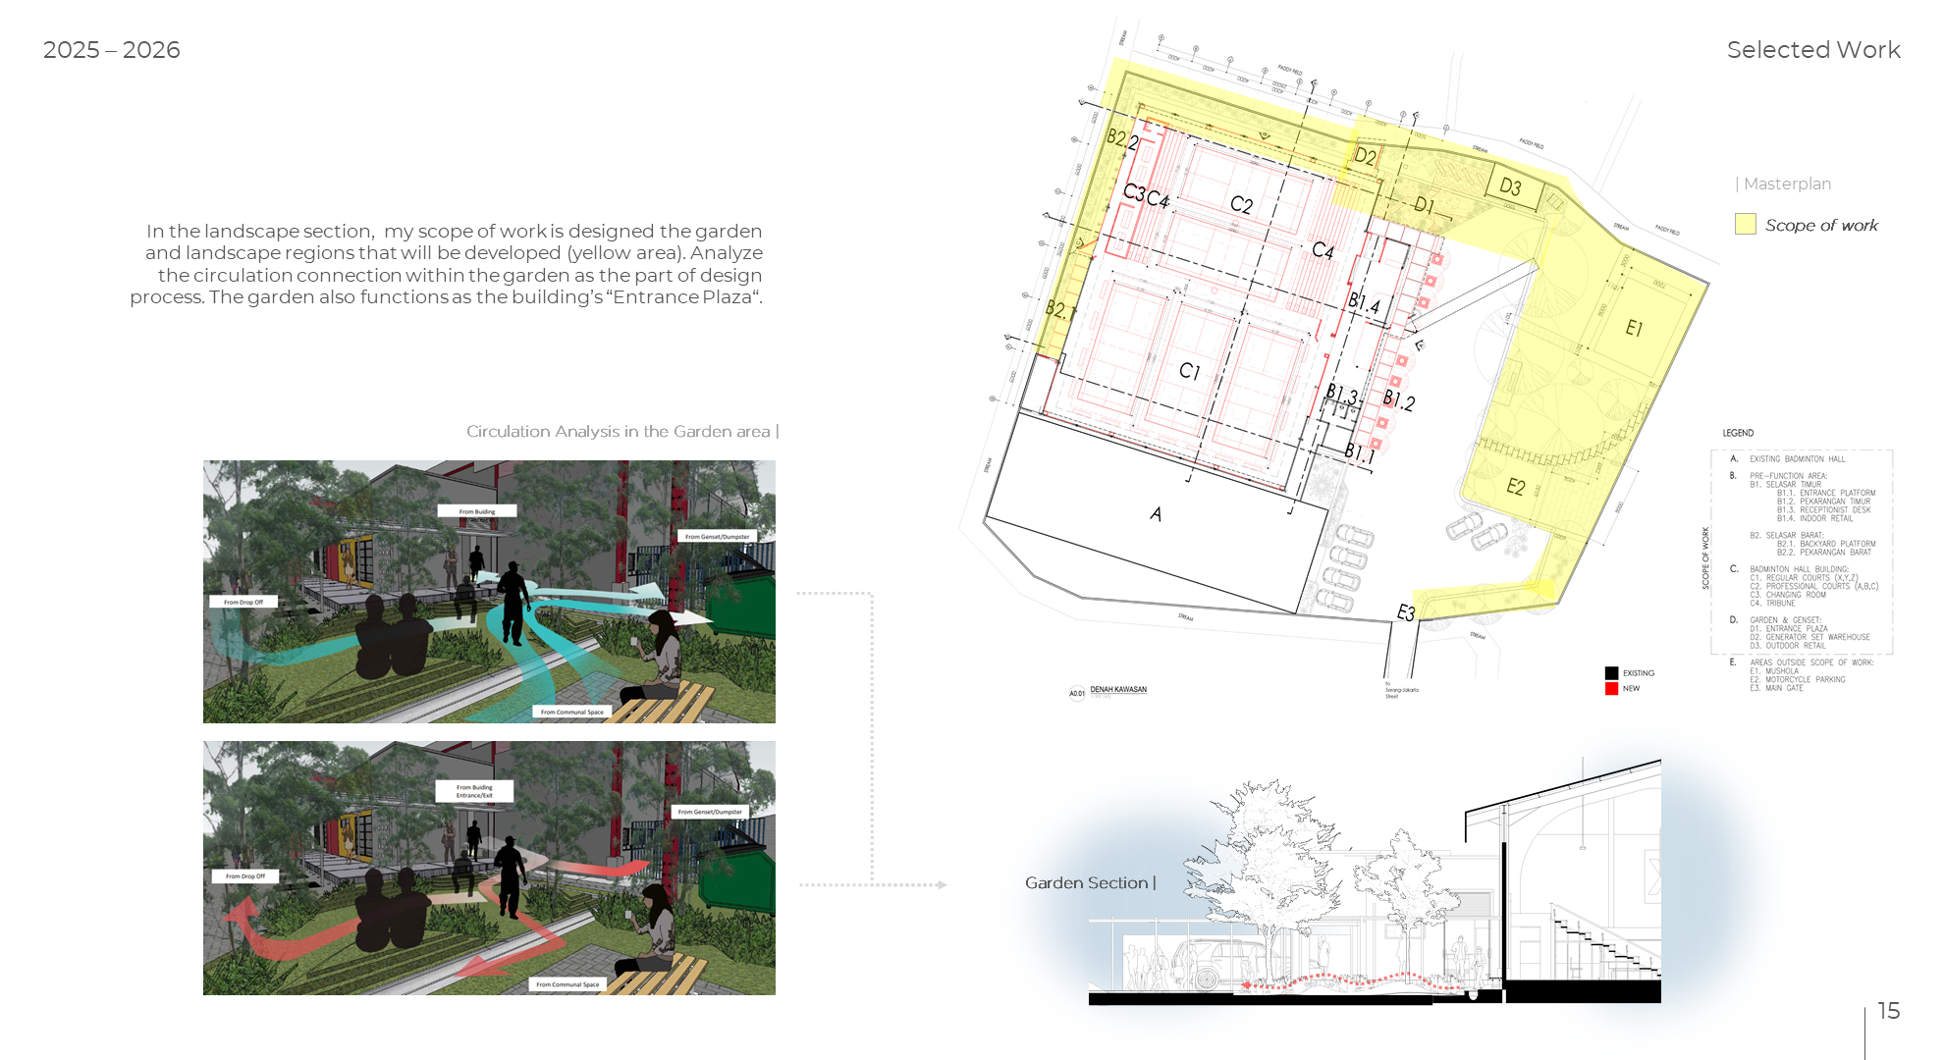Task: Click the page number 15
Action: (1888, 1011)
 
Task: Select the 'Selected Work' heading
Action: (1812, 50)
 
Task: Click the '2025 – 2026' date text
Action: (111, 50)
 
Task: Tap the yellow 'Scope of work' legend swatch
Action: (1745, 225)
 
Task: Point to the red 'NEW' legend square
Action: (1611, 689)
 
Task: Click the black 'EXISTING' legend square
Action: (1611, 673)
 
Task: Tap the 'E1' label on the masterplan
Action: (1634, 328)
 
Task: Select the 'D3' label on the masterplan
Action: (1510, 186)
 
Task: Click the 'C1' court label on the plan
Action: (1189, 371)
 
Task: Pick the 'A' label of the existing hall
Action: (1156, 514)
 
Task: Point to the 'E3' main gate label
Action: (1406, 613)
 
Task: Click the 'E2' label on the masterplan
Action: (1516, 487)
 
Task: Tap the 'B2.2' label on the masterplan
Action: (1122, 139)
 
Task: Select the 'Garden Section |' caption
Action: (1090, 883)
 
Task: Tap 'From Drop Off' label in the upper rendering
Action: (243, 602)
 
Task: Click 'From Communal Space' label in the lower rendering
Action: (567, 984)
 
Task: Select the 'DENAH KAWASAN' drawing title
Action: (1118, 690)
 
